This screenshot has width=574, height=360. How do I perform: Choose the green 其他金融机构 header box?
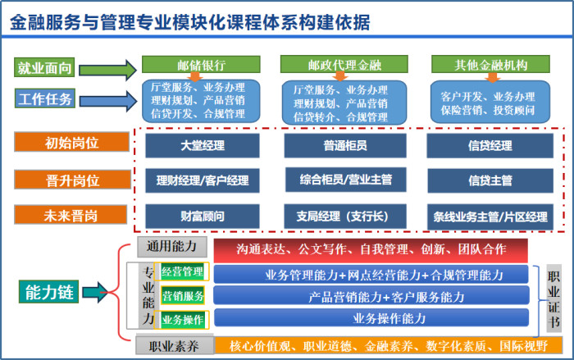pyautogui.click(x=490, y=65)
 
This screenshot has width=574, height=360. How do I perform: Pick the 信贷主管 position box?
pyautogui.click(x=490, y=180)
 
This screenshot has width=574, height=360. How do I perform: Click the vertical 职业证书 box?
pyautogui.click(x=555, y=299)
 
